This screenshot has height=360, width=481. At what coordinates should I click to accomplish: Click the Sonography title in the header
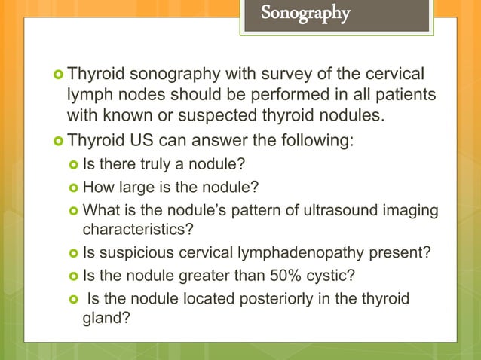(x=305, y=14)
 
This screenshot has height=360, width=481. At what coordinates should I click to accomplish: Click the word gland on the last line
(x=101, y=319)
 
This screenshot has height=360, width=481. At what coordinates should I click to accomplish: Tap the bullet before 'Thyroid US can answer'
(x=59, y=140)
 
